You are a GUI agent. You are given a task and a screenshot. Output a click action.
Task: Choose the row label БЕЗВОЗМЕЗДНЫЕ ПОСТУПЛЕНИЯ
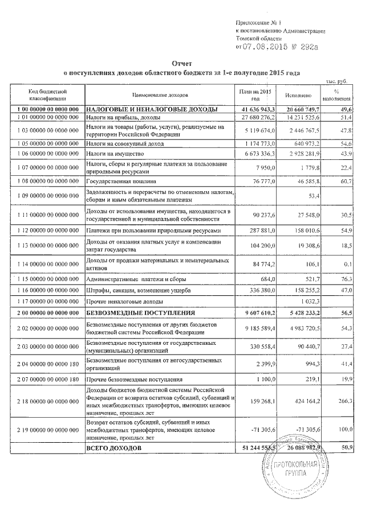140,313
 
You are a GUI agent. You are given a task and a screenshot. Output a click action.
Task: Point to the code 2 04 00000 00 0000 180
48,364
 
